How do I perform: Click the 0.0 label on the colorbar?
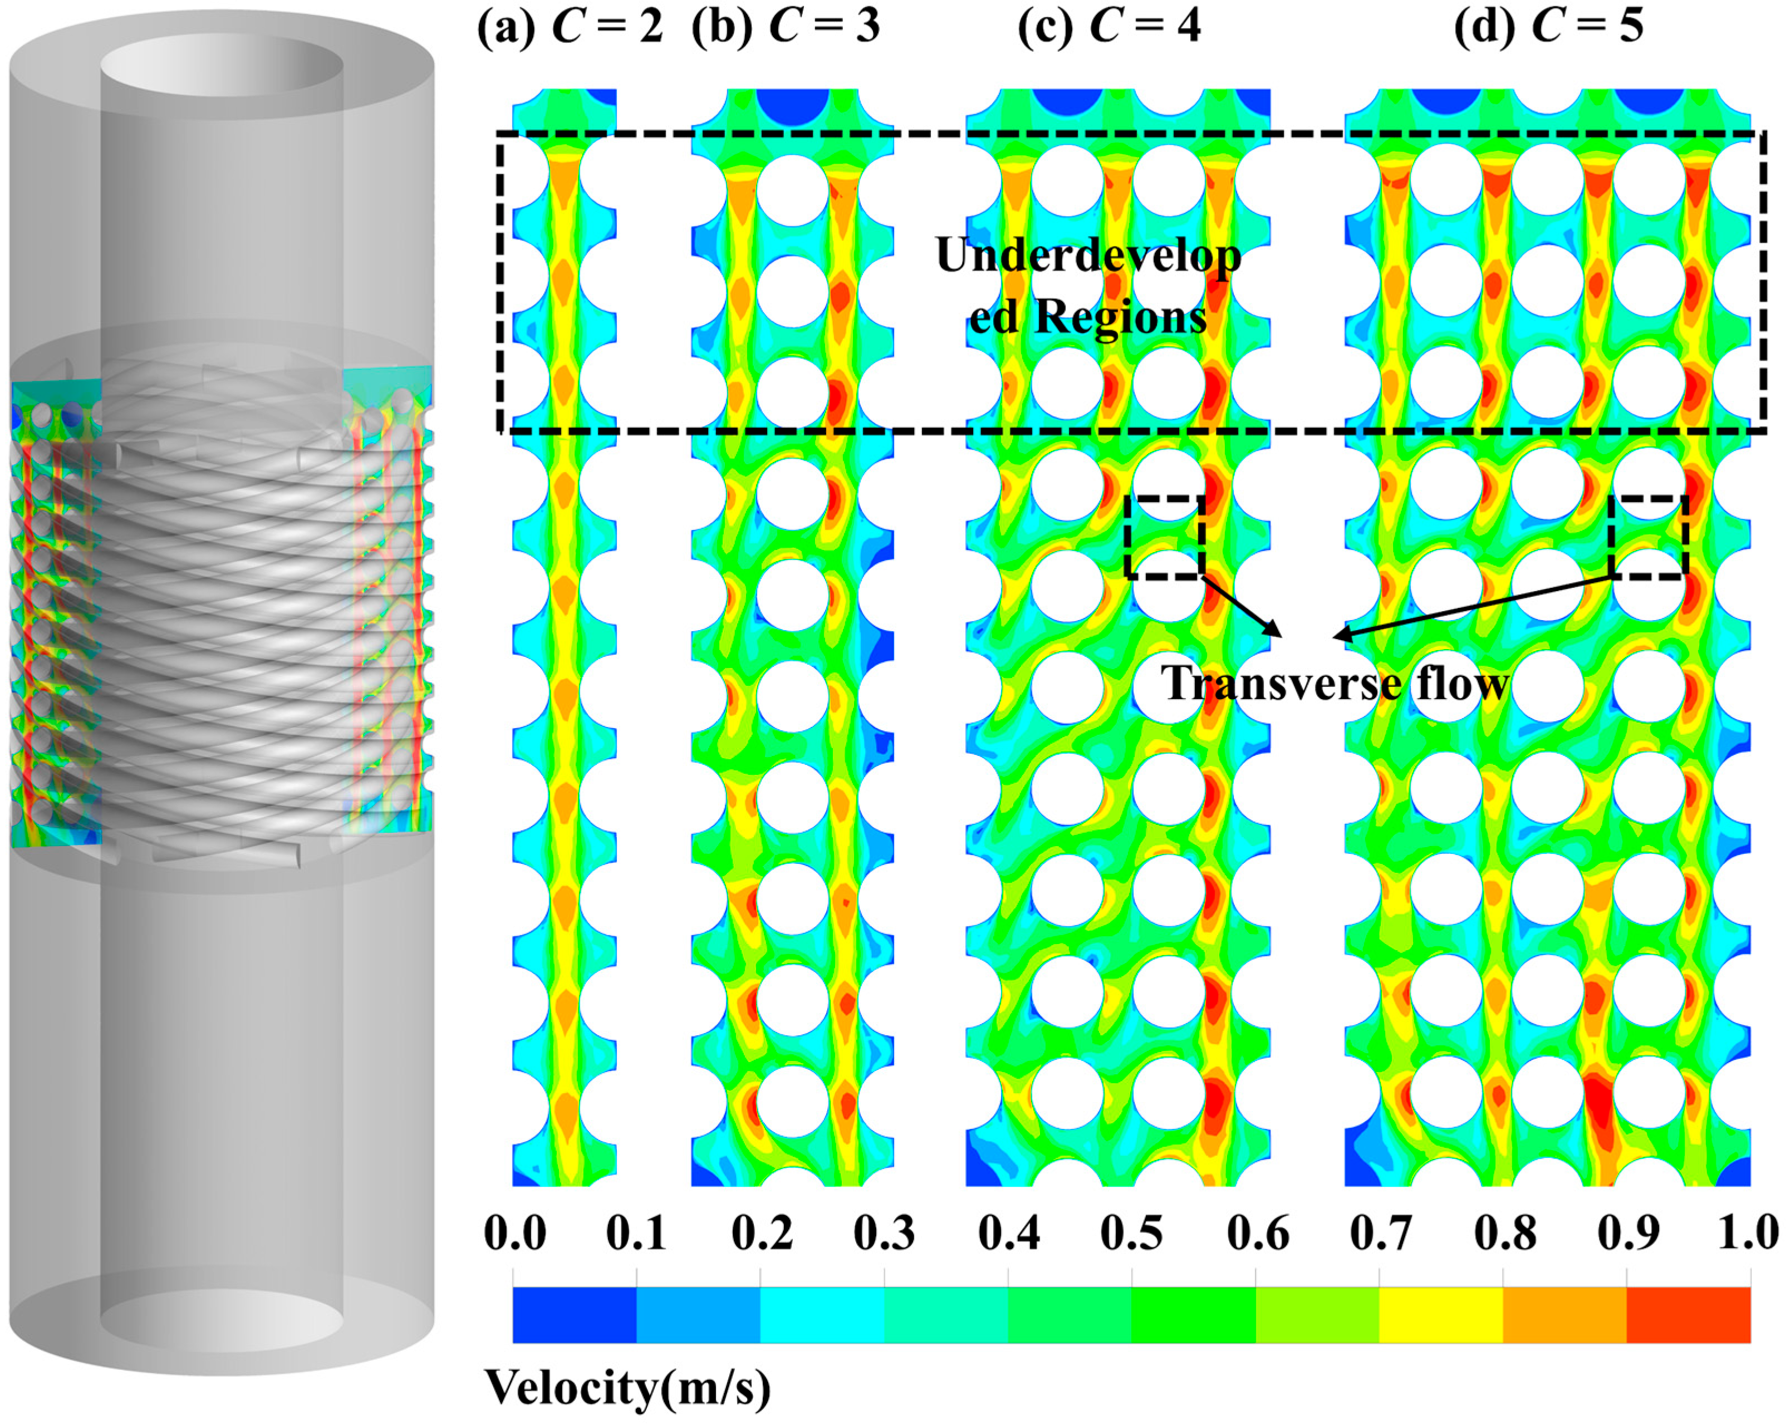(x=514, y=1233)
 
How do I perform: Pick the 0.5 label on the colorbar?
(x=1132, y=1233)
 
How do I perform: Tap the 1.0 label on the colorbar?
(x=1748, y=1233)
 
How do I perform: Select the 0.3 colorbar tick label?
(x=884, y=1233)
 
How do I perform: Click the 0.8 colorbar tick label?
(x=1504, y=1233)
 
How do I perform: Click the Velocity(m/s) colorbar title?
(x=627, y=1388)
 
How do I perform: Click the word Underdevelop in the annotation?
(x=1088, y=255)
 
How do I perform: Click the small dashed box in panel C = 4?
(x=1164, y=536)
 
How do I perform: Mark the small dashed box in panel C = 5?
(x=1648, y=536)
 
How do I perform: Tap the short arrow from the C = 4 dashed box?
(x=1242, y=607)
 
